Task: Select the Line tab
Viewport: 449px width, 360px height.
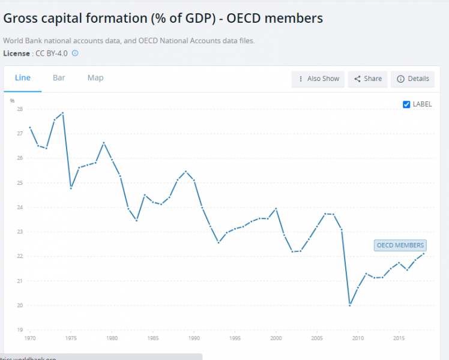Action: [22, 78]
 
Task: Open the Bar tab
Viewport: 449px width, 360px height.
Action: [59, 78]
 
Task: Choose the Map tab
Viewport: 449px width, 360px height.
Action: [95, 78]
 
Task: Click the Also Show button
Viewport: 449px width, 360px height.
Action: [319, 79]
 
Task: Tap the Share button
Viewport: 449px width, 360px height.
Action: [368, 79]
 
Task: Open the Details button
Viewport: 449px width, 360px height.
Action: [413, 79]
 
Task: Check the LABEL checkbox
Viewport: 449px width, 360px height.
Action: [406, 104]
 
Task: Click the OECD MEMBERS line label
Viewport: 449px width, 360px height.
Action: [400, 245]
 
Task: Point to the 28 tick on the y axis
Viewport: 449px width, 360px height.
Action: [20, 109]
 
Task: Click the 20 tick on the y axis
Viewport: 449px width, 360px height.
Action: [20, 305]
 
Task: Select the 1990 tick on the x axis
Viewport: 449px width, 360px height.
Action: [194, 338]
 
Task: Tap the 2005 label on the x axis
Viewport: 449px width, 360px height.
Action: [317, 338]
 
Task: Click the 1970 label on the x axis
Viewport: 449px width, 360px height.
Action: [30, 338]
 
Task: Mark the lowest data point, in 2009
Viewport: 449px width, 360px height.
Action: [349, 305]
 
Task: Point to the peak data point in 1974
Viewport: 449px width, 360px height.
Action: [62, 113]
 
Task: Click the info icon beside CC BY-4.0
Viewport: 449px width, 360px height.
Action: [75, 53]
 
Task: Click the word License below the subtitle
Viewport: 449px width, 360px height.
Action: [16, 53]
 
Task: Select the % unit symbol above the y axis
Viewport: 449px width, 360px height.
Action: [12, 100]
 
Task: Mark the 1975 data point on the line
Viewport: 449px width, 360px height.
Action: [71, 188]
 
